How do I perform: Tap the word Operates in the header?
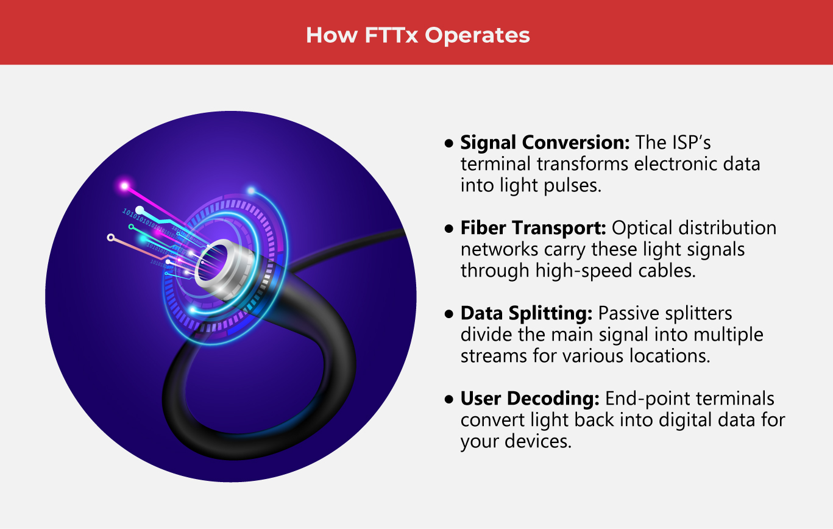(477, 35)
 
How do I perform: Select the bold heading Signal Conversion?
(545, 143)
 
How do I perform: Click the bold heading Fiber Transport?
(533, 228)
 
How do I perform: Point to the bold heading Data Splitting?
(526, 313)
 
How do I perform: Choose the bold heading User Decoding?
(530, 399)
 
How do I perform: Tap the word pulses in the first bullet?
(572, 185)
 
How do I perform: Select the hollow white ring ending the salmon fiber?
(110, 237)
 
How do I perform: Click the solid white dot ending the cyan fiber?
(140, 210)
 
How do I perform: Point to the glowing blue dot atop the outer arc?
(250, 190)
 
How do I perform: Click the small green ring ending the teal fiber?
(131, 226)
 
